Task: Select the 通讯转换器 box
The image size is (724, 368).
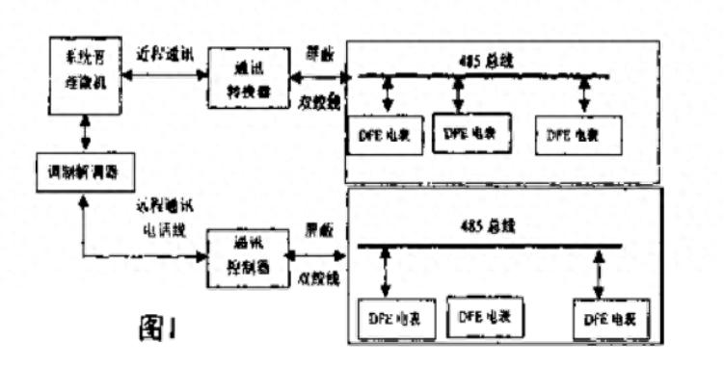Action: pyautogui.click(x=243, y=76)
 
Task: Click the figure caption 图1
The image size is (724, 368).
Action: pyautogui.click(x=155, y=328)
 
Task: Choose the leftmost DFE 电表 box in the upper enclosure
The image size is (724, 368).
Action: pyautogui.click(x=384, y=137)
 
